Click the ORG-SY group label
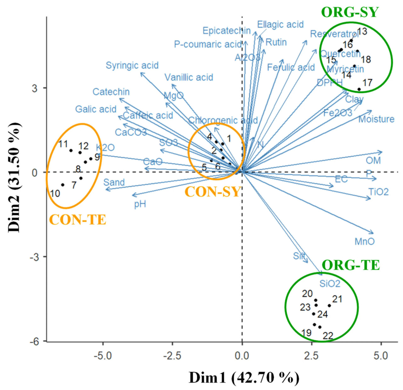pos(349,12)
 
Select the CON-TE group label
pos(77,220)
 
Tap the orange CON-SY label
pos(213,192)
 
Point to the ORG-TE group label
pos(351,265)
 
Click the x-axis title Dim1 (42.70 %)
pos(244,377)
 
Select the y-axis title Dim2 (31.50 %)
pos(14,177)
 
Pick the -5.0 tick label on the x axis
pos(103,356)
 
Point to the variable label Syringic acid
pos(132,66)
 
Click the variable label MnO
pos(365,242)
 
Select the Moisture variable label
pos(376,119)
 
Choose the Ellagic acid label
pos(280,25)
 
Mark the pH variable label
pos(140,204)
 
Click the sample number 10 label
pos(55,193)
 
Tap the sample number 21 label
pos(337,299)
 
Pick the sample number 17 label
pos(367,83)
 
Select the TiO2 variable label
pos(378,192)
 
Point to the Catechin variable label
pos(111,92)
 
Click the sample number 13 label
pos(362,32)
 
